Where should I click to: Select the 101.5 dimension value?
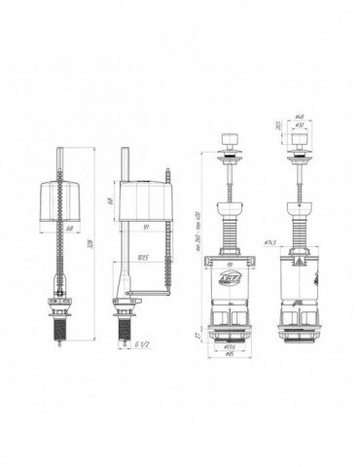142,258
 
